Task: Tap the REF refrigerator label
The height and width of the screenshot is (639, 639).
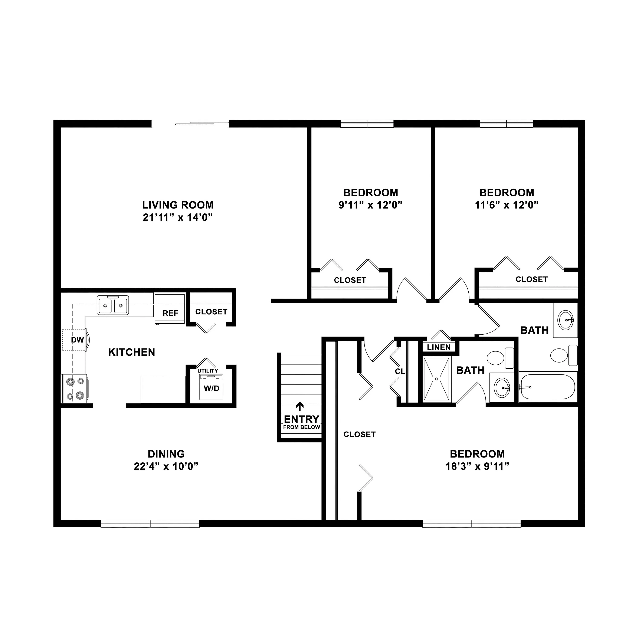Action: [x=170, y=313]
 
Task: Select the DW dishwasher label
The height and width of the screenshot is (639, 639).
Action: [x=77, y=340]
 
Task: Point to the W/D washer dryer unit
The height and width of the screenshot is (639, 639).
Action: [x=211, y=387]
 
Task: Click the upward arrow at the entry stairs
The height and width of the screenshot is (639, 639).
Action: [x=300, y=406]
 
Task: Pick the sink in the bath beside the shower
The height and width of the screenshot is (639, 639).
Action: [x=502, y=387]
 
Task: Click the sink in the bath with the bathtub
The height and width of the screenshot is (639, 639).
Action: [x=566, y=320]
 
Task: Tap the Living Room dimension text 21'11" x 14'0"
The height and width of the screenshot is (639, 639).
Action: [x=178, y=218]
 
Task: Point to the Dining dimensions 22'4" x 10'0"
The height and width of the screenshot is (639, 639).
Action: [x=166, y=466]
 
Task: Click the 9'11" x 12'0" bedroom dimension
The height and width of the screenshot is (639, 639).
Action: [x=370, y=205]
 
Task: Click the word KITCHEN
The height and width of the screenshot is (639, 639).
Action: [x=132, y=352]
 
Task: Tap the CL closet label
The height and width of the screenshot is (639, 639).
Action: [x=400, y=371]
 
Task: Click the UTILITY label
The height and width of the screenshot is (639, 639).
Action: [x=208, y=371]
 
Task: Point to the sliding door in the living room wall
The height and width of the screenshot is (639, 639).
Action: [x=202, y=123]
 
